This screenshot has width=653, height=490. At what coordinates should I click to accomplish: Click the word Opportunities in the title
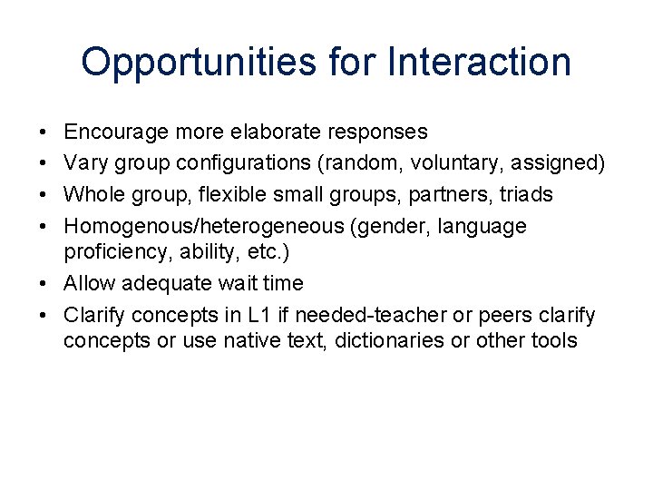pos(197,63)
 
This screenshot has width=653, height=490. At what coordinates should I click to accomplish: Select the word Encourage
pos(117,132)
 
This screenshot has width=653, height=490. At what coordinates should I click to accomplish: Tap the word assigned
pos(558,163)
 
